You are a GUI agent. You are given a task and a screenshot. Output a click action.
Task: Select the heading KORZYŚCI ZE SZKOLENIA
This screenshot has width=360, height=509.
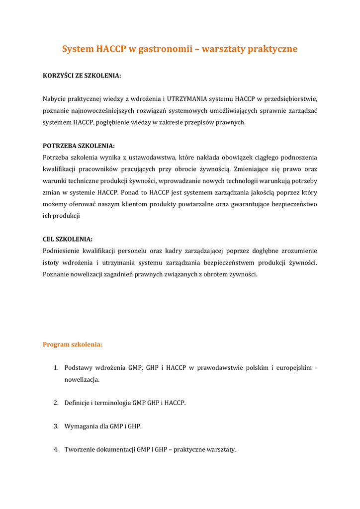(x=82, y=76)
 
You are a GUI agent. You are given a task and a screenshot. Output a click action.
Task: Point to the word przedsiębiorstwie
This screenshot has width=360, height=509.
(x=289, y=99)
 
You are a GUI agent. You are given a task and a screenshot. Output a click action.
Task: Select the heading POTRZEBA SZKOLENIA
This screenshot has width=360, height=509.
(x=79, y=146)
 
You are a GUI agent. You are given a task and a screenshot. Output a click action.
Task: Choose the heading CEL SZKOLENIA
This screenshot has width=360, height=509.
(x=68, y=239)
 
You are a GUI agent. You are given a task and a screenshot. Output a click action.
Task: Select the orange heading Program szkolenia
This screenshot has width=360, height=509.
(x=73, y=344)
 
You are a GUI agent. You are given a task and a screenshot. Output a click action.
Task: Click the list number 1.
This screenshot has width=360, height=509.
(x=56, y=368)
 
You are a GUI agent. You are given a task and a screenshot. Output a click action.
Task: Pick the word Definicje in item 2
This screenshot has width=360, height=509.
(x=77, y=403)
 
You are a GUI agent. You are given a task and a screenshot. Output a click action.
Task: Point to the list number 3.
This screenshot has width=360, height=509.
(x=56, y=426)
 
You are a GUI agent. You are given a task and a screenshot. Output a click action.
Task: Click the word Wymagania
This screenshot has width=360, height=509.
(x=81, y=426)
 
